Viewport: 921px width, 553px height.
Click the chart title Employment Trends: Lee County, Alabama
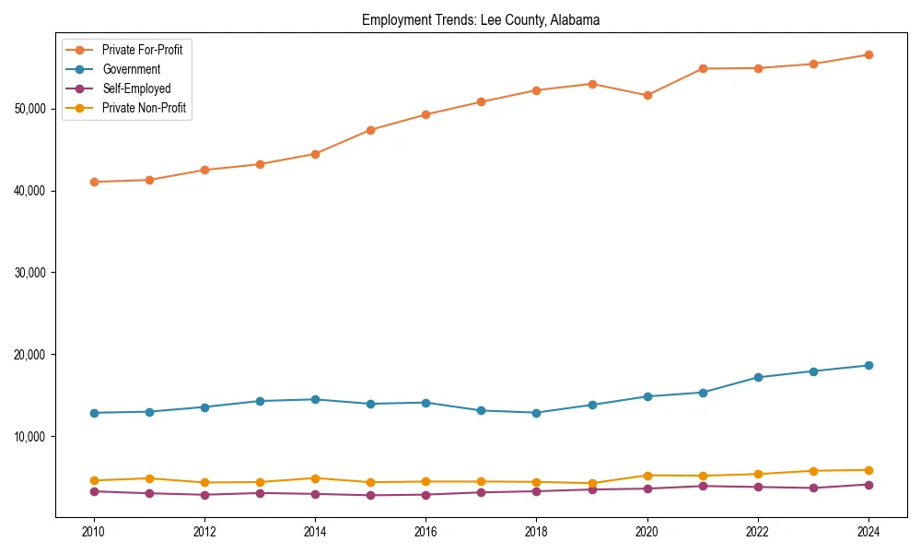click(481, 20)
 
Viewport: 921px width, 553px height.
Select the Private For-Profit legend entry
click(142, 50)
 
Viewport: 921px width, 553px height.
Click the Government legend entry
click(131, 69)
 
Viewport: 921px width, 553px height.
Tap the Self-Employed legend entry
click(136, 88)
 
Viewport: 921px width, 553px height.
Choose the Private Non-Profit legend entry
click(144, 108)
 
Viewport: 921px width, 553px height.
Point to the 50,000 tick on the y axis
click(31, 109)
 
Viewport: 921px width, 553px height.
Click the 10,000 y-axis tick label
click(31, 436)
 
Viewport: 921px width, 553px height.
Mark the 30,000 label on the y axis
click(31, 273)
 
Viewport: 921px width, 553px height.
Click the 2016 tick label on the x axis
click(426, 532)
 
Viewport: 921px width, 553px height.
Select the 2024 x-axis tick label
click(869, 532)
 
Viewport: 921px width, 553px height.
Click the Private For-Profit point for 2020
click(647, 96)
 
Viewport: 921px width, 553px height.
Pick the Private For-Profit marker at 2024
click(869, 54)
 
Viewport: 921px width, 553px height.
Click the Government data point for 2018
click(536, 413)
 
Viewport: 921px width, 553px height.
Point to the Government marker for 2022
click(758, 377)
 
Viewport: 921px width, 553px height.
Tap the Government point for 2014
click(315, 399)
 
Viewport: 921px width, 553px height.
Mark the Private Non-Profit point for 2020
click(647, 476)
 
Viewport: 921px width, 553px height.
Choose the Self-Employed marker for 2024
click(869, 485)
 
